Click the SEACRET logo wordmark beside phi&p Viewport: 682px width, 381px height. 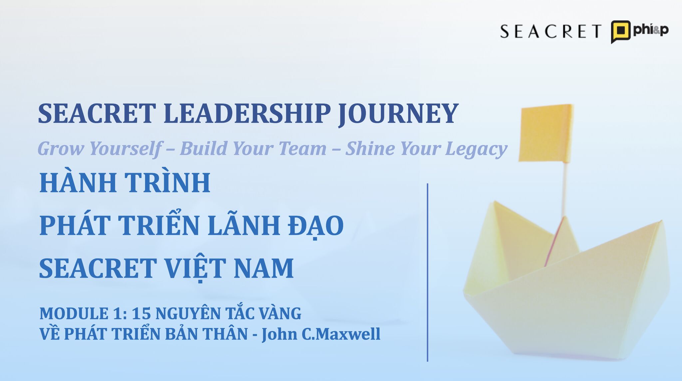point(550,31)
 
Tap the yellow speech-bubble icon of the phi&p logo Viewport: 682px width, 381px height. point(620,31)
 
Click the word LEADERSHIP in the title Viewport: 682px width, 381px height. point(247,113)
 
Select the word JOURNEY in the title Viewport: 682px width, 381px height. point(398,113)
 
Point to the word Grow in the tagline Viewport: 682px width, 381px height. point(61,148)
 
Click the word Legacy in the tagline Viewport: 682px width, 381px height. point(476,149)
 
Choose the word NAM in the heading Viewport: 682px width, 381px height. point(263,268)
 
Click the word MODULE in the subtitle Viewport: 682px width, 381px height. point(74,313)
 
